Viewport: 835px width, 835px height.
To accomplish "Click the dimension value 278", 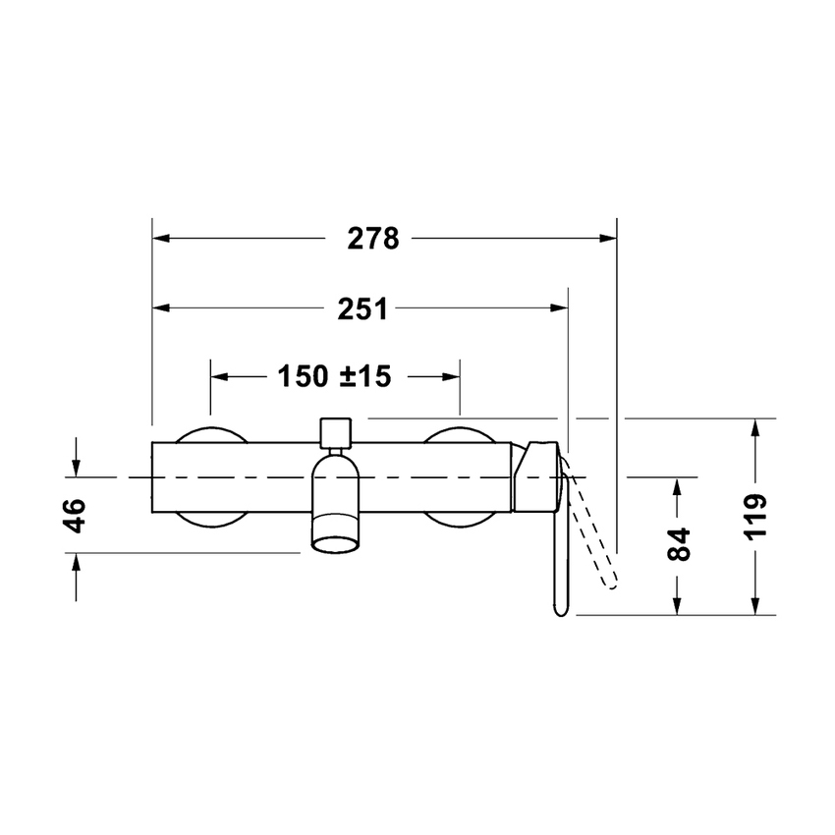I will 373,239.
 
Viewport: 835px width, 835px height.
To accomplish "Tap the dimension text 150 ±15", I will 334,375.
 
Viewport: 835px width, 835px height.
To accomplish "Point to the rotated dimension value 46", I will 75,513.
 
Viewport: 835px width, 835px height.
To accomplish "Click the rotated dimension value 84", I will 677,543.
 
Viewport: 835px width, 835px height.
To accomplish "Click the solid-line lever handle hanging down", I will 557,570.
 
